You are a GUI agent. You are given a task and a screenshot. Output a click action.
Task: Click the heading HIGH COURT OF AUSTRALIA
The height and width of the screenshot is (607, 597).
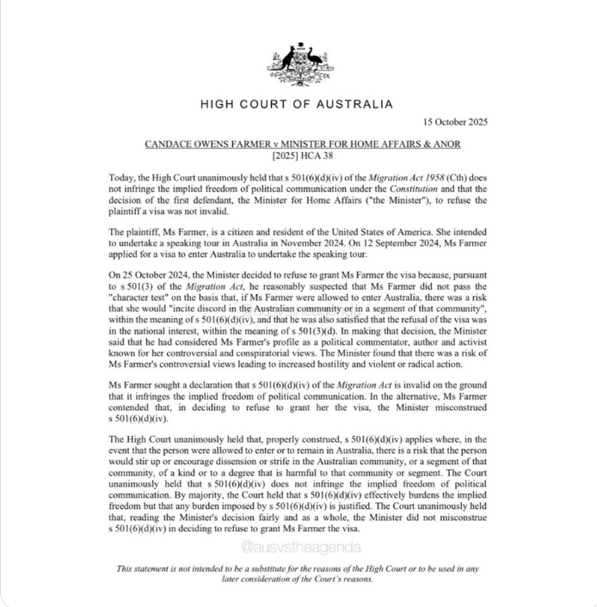click(297, 105)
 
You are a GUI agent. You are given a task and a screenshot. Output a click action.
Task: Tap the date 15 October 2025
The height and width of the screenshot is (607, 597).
click(456, 122)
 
